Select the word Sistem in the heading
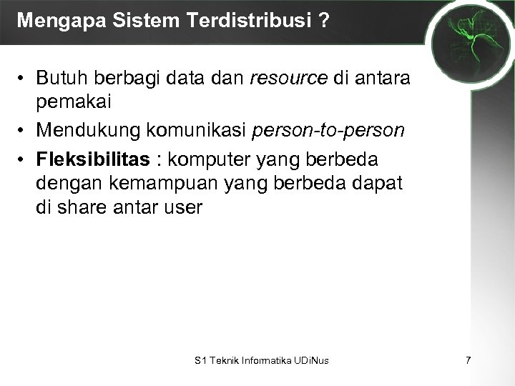(x=134, y=19)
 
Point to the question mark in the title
(x=324, y=19)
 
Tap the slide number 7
(x=468, y=360)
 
